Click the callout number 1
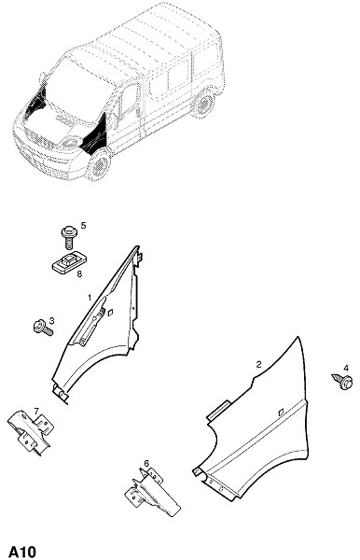click(x=90, y=297)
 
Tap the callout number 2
click(x=258, y=364)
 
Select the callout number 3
click(x=51, y=320)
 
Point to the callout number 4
click(x=346, y=369)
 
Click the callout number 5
click(x=83, y=225)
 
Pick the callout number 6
click(x=146, y=464)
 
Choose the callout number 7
click(x=36, y=412)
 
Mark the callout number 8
click(x=79, y=273)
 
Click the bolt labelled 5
click(x=68, y=237)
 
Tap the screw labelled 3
click(x=43, y=328)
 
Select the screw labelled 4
click(x=343, y=381)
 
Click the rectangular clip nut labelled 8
click(x=70, y=262)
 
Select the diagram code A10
click(x=22, y=552)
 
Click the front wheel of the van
click(x=98, y=166)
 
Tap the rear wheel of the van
click(x=204, y=104)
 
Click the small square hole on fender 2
click(x=281, y=412)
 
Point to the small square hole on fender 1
click(x=110, y=312)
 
